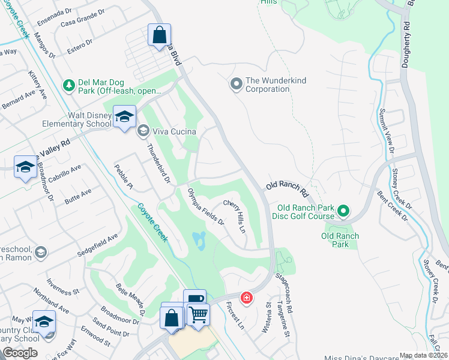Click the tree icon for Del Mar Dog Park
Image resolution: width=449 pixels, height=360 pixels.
pyautogui.click(x=69, y=85)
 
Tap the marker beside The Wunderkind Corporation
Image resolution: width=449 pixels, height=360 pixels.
pyautogui.click(x=236, y=84)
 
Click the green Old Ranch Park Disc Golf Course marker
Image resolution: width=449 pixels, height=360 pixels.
pyautogui.click(x=343, y=211)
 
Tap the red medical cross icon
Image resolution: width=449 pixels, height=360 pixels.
pyautogui.click(x=246, y=298)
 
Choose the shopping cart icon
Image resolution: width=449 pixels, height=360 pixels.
pyautogui.click(x=198, y=313)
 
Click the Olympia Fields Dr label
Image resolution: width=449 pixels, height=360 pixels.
pyautogui.click(x=206, y=207)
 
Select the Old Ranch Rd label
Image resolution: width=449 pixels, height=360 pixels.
pyautogui.click(x=288, y=186)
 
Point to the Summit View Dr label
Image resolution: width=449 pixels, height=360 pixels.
pyautogui.click(x=385, y=131)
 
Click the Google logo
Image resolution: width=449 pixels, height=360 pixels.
pyautogui.click(x=20, y=353)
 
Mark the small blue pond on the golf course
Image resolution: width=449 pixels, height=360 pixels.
pyautogui.click(x=199, y=241)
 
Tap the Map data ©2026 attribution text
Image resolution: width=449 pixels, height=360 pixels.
pyautogui.click(x=423, y=355)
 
